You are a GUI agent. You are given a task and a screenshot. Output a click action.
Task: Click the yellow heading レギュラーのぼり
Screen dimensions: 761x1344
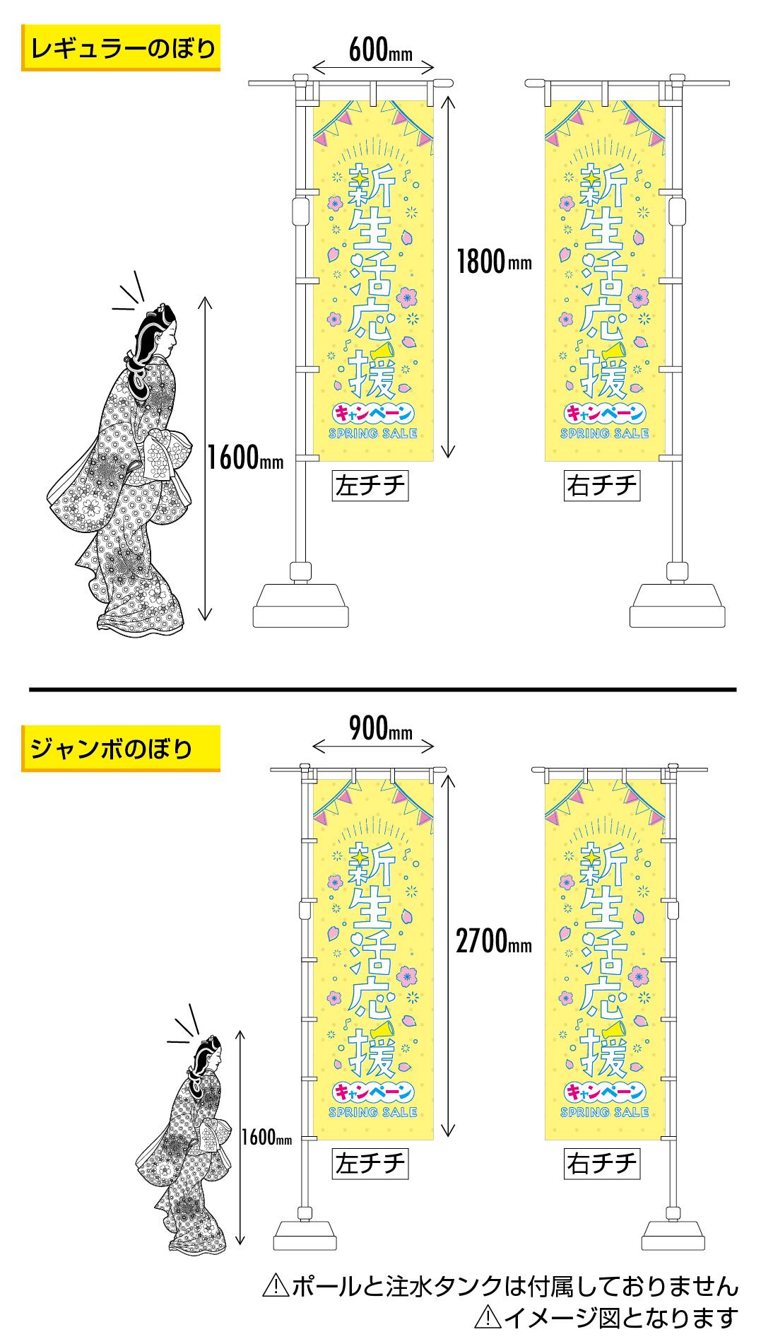click(x=121, y=49)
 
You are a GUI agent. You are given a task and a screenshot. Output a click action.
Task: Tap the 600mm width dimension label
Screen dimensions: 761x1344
click(x=380, y=50)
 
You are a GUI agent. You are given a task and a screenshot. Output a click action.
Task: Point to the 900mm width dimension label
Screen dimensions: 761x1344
click(x=380, y=729)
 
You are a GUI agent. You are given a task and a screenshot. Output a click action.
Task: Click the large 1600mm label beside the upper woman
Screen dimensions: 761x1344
click(x=246, y=460)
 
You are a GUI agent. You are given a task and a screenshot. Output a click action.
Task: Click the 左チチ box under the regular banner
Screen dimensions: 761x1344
click(x=371, y=486)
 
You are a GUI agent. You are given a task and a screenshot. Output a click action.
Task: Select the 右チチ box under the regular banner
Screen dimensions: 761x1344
click(x=602, y=486)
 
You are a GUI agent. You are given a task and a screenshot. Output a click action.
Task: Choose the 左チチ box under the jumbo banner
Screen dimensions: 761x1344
click(x=371, y=1163)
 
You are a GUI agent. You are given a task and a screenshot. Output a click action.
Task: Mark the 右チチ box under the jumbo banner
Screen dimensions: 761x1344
click(x=602, y=1163)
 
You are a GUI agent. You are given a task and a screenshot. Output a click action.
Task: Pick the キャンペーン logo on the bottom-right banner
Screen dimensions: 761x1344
click(x=605, y=1092)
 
